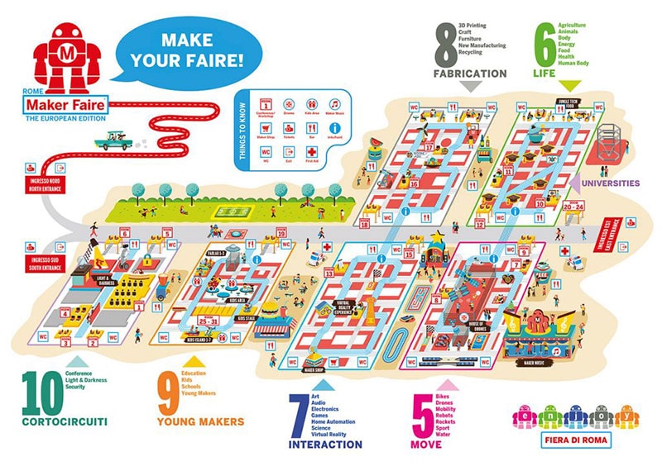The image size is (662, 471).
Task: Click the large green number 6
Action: [x=544, y=45]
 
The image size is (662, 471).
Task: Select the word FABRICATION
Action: [x=470, y=74]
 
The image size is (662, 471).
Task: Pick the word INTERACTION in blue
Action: [x=325, y=445]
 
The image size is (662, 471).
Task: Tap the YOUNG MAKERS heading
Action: [x=200, y=422]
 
